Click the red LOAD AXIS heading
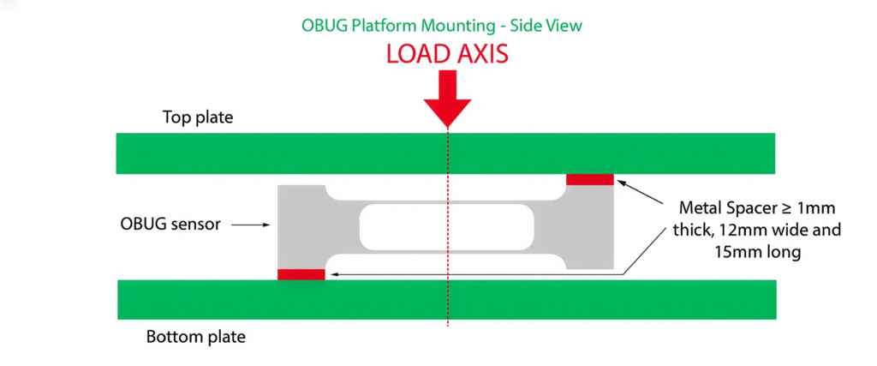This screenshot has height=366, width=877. point(447,54)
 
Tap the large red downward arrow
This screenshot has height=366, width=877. point(447,99)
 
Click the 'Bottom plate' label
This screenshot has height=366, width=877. point(195,337)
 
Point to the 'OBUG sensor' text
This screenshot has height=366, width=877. point(170,225)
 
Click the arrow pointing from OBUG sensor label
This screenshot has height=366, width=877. point(253,225)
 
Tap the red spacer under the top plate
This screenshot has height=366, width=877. point(590,179)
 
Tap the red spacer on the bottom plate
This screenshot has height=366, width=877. point(301,274)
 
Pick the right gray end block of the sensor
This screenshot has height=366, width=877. point(591,226)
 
